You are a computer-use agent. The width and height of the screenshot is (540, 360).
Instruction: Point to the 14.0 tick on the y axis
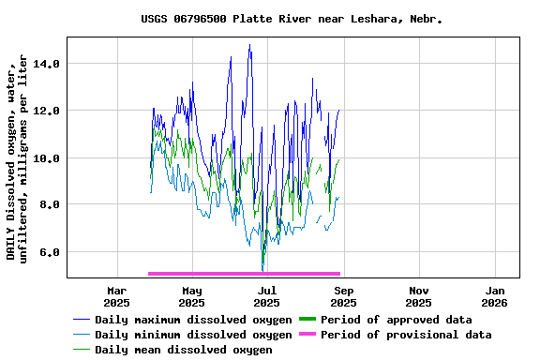[x=47, y=64]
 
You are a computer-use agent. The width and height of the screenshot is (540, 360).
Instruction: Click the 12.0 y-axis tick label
[x=47, y=111]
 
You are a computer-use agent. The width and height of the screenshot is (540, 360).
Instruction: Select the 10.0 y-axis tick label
[x=47, y=157]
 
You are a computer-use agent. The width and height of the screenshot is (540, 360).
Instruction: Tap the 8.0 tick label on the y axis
[x=50, y=204]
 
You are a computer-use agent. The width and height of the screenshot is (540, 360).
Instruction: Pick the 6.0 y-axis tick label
[x=50, y=251]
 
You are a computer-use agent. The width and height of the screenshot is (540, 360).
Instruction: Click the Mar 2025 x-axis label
[x=116, y=296]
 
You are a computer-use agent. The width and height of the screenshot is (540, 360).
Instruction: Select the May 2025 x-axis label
[x=191, y=296]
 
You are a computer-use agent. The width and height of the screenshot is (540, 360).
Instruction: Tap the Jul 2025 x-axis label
[x=267, y=296]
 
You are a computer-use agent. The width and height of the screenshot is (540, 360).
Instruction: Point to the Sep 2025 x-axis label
[x=343, y=296]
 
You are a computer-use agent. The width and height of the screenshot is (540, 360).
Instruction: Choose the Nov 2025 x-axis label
[x=419, y=296]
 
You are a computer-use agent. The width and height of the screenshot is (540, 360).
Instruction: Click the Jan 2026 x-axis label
[x=494, y=296]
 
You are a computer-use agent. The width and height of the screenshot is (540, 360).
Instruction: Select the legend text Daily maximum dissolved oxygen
[x=193, y=320]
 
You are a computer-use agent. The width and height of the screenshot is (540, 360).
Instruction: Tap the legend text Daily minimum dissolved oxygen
[x=193, y=335]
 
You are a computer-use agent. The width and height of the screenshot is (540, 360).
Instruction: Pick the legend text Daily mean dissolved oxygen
[x=184, y=350]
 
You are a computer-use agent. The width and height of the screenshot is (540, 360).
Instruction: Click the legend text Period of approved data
[x=396, y=320]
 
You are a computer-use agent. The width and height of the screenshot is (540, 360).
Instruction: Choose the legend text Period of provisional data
[x=406, y=335]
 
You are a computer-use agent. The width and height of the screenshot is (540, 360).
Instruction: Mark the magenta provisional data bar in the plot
[x=244, y=274]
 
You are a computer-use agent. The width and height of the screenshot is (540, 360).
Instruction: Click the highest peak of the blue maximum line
[x=249, y=45]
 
